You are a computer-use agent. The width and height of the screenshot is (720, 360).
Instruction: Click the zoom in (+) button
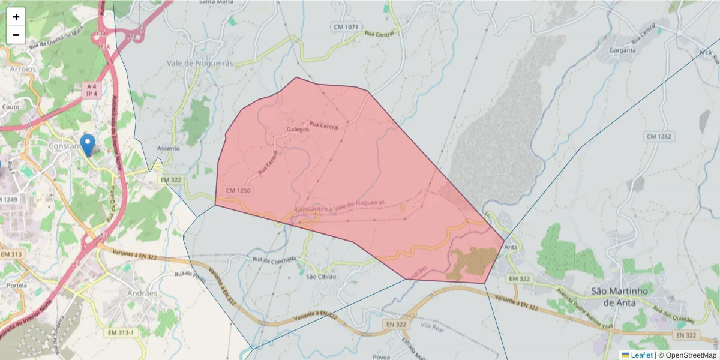pyautogui.click(x=16, y=17)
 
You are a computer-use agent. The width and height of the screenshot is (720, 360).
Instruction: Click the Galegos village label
pyautogui.click(x=298, y=129)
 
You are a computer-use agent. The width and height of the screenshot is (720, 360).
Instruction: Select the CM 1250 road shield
pyautogui.click(x=238, y=190)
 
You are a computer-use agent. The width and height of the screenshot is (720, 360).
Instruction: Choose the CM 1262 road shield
pyautogui.click(x=659, y=137)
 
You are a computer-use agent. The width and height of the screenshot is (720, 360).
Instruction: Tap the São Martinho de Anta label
pyautogui.click(x=620, y=296)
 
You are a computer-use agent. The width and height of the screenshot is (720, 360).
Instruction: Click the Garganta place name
pyautogui.click(x=622, y=50)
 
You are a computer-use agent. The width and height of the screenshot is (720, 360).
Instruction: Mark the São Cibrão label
pyautogui.click(x=321, y=277)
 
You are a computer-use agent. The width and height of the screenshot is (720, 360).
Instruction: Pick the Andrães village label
pyautogui.click(x=142, y=293)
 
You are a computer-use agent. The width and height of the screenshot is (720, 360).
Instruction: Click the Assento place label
pyautogui.click(x=169, y=148)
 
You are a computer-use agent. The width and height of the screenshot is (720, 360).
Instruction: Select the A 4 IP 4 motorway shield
pyautogui.click(x=91, y=90)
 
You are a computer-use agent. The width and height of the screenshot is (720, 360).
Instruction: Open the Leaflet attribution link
pyautogui.click(x=641, y=355)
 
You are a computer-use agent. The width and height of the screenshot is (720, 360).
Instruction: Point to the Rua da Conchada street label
pyautogui.click(x=274, y=259)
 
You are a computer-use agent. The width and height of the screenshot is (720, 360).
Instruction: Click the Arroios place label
pyautogui.click(x=23, y=69)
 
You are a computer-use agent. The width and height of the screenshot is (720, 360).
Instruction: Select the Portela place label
pyautogui.click(x=17, y=286)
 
